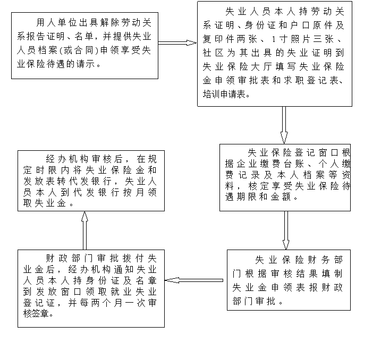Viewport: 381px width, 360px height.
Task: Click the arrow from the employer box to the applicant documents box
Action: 177,43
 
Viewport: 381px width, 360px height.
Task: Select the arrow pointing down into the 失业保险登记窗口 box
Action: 284,125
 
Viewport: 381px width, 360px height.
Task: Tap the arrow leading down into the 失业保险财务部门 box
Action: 286,230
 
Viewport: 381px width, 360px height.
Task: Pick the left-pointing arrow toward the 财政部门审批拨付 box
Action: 194,280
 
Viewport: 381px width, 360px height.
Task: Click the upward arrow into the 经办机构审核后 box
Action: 84,230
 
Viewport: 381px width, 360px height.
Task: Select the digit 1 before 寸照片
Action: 274,39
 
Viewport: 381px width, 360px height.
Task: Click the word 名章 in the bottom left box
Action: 146,280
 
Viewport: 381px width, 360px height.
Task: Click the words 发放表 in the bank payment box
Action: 40,181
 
